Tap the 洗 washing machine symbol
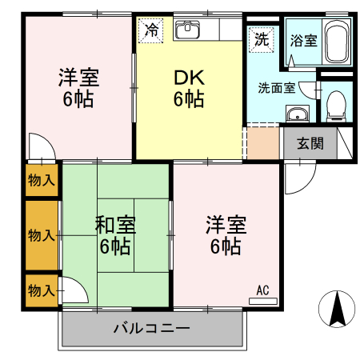(262, 38)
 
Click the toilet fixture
(336, 104)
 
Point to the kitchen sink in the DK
(188, 29)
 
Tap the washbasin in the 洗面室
(298, 114)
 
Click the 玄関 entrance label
(310, 144)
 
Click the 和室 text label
(115, 225)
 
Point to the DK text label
(189, 78)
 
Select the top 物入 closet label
(41, 179)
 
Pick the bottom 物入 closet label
(39, 289)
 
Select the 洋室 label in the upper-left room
(78, 78)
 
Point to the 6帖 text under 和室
(115, 246)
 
